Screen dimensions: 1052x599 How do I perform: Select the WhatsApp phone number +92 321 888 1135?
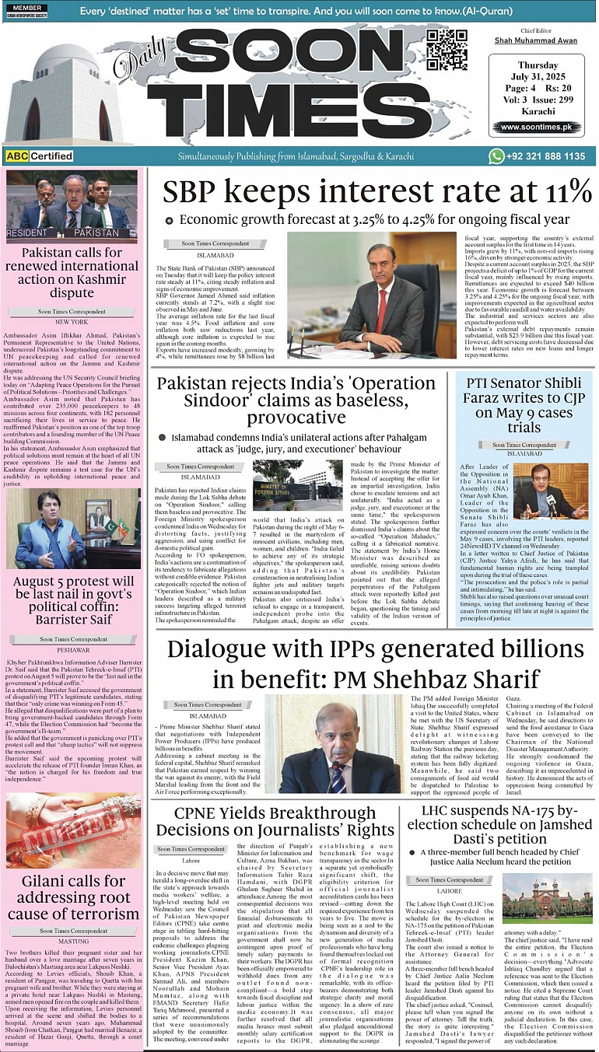545,156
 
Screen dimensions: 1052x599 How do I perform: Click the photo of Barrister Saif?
72,529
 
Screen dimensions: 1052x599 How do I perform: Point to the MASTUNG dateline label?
74,942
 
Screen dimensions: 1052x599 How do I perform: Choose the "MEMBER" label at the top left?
27,8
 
